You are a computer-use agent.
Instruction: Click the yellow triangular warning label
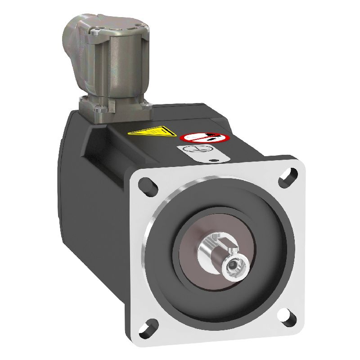point(151,131)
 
